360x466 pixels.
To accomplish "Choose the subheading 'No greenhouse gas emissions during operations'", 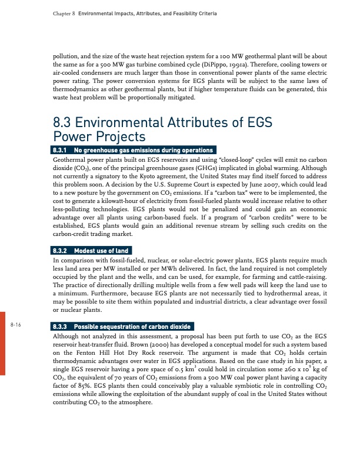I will [134, 150].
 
